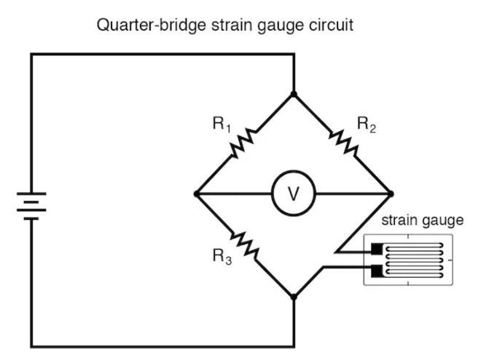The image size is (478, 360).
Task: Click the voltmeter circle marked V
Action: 294,194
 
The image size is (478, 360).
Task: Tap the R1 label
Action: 221,124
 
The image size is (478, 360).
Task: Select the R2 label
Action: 366,124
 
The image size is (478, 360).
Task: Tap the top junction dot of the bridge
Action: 294,94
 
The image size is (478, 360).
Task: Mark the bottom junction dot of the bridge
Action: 294,297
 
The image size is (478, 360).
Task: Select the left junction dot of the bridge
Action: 197,194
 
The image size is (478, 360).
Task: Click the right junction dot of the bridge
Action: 391,194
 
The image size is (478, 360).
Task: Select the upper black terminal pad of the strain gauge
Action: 377,249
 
